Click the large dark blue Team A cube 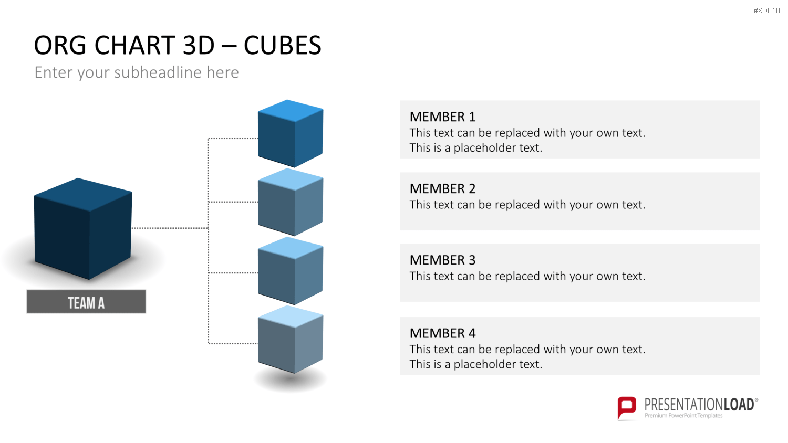[83, 228]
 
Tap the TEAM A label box [86, 302]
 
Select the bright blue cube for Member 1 [291, 133]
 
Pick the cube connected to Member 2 [291, 202]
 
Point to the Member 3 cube [291, 271]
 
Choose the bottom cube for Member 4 [291, 339]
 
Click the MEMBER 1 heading [442, 117]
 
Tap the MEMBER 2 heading [442, 189]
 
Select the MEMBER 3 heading [442, 260]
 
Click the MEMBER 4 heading [442, 333]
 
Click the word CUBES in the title [283, 45]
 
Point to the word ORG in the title [60, 45]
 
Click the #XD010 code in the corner [766, 10]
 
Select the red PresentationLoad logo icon [627, 408]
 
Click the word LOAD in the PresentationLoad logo [739, 405]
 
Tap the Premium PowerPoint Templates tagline [683, 416]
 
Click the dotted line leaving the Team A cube [170, 228]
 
